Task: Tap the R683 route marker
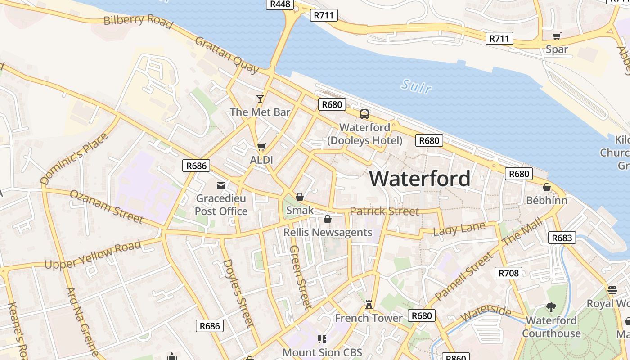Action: click(562, 238)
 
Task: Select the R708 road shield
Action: click(509, 273)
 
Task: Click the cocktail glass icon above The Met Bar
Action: click(260, 99)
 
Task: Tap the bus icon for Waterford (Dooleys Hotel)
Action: click(364, 114)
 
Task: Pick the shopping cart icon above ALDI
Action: click(261, 147)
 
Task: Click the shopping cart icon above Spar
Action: click(557, 36)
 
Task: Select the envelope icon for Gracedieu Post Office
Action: click(221, 185)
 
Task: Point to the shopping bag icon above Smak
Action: click(300, 197)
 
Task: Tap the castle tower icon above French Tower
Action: click(369, 305)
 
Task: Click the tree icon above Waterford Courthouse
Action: click(551, 307)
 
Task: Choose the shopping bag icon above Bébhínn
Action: click(547, 187)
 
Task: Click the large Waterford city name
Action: click(420, 179)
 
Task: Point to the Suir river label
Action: click(416, 86)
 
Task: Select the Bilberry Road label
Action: click(138, 21)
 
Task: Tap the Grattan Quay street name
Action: click(227, 55)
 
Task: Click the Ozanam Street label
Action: click(107, 207)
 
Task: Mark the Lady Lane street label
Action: click(459, 229)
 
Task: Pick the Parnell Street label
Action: click(464, 276)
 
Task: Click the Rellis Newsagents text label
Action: click(328, 233)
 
